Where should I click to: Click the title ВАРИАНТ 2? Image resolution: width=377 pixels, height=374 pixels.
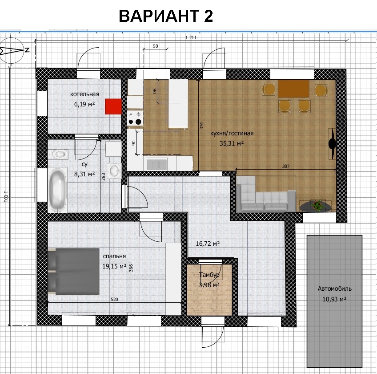point(166,16)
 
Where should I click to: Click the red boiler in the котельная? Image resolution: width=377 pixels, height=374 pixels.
point(113,106)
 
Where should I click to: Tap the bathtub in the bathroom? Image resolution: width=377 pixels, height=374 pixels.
point(57,190)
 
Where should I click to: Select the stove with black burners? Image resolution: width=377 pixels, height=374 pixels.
point(135,118)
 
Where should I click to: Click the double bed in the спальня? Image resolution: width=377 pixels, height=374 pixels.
point(73,272)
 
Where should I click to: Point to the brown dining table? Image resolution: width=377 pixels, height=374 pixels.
point(293,89)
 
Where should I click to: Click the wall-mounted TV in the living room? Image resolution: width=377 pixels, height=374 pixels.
point(332,143)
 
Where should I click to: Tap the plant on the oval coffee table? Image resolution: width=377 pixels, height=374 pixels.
point(318,205)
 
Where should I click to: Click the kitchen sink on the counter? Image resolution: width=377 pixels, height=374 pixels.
point(157,164)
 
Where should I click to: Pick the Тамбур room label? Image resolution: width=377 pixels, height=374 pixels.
point(209,275)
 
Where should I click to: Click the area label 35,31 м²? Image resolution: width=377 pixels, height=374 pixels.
point(232,143)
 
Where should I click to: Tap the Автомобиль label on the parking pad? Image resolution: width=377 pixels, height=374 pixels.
point(335,289)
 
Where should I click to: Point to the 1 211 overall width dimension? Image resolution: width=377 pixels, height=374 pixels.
point(191,37)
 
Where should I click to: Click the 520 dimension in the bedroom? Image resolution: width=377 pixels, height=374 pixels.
point(114,299)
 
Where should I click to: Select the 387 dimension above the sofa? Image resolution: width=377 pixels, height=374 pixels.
point(286,166)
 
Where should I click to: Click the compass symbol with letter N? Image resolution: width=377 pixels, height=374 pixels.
point(12,50)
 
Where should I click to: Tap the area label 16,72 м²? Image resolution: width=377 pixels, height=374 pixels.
point(208,244)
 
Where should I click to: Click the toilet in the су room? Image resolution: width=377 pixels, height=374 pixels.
point(59,154)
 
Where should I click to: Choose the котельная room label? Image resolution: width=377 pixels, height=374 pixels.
point(84,94)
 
